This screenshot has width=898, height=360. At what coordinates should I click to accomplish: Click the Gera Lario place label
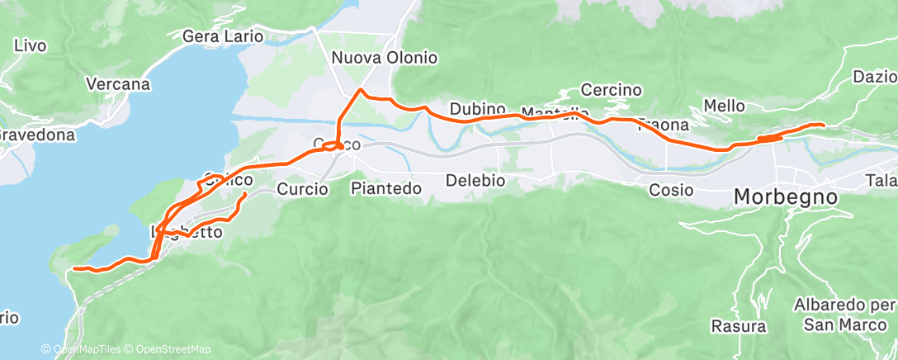point(222,36)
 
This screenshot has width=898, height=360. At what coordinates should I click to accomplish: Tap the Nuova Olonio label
point(384,58)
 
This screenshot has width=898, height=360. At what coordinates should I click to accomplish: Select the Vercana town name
point(119,84)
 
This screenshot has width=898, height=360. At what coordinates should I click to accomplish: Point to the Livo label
point(30,45)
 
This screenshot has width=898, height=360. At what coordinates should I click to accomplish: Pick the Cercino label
point(612,89)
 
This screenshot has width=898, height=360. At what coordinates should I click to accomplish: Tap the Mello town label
point(724,106)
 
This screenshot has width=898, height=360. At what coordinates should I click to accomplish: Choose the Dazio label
point(875,77)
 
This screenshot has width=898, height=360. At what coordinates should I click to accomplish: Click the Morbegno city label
point(786,198)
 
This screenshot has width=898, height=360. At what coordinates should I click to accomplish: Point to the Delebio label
point(475,180)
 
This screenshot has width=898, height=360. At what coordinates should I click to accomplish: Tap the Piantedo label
point(386,188)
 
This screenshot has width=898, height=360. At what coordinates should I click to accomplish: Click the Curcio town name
point(303,189)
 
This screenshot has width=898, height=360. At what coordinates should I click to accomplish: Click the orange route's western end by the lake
point(74,268)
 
